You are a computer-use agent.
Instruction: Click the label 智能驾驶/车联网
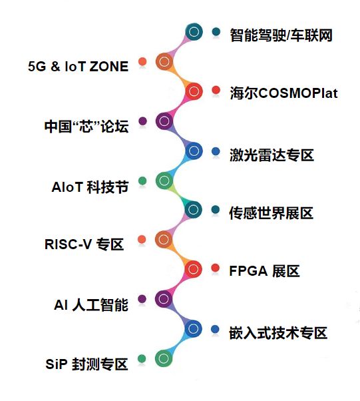point(281,35)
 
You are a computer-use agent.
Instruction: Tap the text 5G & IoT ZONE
point(78,67)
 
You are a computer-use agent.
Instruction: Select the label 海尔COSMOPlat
point(283,93)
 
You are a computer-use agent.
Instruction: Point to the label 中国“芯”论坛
point(87,126)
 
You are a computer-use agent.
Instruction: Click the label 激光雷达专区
point(272,155)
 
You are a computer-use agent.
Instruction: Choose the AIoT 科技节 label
point(90,187)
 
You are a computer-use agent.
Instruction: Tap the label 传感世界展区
point(271,213)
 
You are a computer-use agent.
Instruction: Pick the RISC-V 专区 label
point(85,244)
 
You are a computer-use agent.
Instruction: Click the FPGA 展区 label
point(264,271)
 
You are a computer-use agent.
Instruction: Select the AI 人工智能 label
point(91,305)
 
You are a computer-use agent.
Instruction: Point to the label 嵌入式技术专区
point(278,332)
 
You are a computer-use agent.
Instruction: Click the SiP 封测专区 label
point(87,364)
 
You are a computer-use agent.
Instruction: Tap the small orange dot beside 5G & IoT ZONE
point(142,62)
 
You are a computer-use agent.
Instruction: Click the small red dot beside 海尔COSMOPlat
point(216,90)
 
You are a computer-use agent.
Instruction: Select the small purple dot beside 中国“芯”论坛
point(142,121)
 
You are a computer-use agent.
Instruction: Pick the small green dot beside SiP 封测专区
point(142,358)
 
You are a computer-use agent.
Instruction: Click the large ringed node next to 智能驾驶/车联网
point(194,32)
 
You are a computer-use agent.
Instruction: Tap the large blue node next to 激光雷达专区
point(194,151)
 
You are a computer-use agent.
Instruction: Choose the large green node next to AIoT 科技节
point(164,181)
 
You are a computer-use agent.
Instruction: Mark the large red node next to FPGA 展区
point(193,269)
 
